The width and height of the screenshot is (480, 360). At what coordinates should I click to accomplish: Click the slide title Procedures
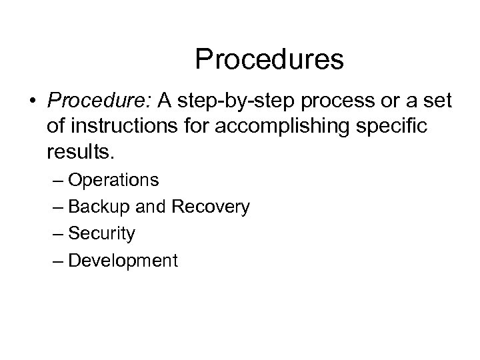269,59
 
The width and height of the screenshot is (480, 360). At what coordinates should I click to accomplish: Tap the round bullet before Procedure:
32,102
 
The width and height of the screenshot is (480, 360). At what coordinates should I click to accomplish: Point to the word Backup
100,207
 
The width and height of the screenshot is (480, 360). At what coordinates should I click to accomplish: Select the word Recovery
211,207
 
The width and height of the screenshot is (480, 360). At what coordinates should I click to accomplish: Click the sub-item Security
101,234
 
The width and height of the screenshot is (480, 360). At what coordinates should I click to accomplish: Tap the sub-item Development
123,261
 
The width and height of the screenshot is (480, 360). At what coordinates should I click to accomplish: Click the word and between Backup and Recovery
152,207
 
